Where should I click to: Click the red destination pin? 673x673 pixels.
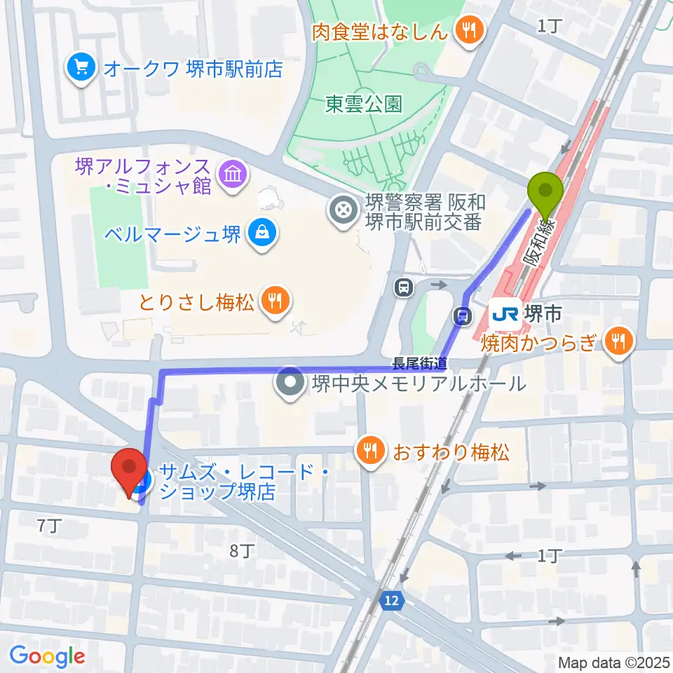(129, 468)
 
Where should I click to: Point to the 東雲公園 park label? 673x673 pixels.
(364, 104)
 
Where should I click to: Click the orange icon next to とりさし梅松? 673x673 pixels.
(272, 301)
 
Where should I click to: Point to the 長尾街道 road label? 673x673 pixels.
(419, 362)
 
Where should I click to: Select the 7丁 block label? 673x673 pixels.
(48, 526)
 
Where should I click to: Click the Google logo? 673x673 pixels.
(47, 656)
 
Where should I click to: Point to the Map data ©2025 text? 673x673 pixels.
(612, 662)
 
